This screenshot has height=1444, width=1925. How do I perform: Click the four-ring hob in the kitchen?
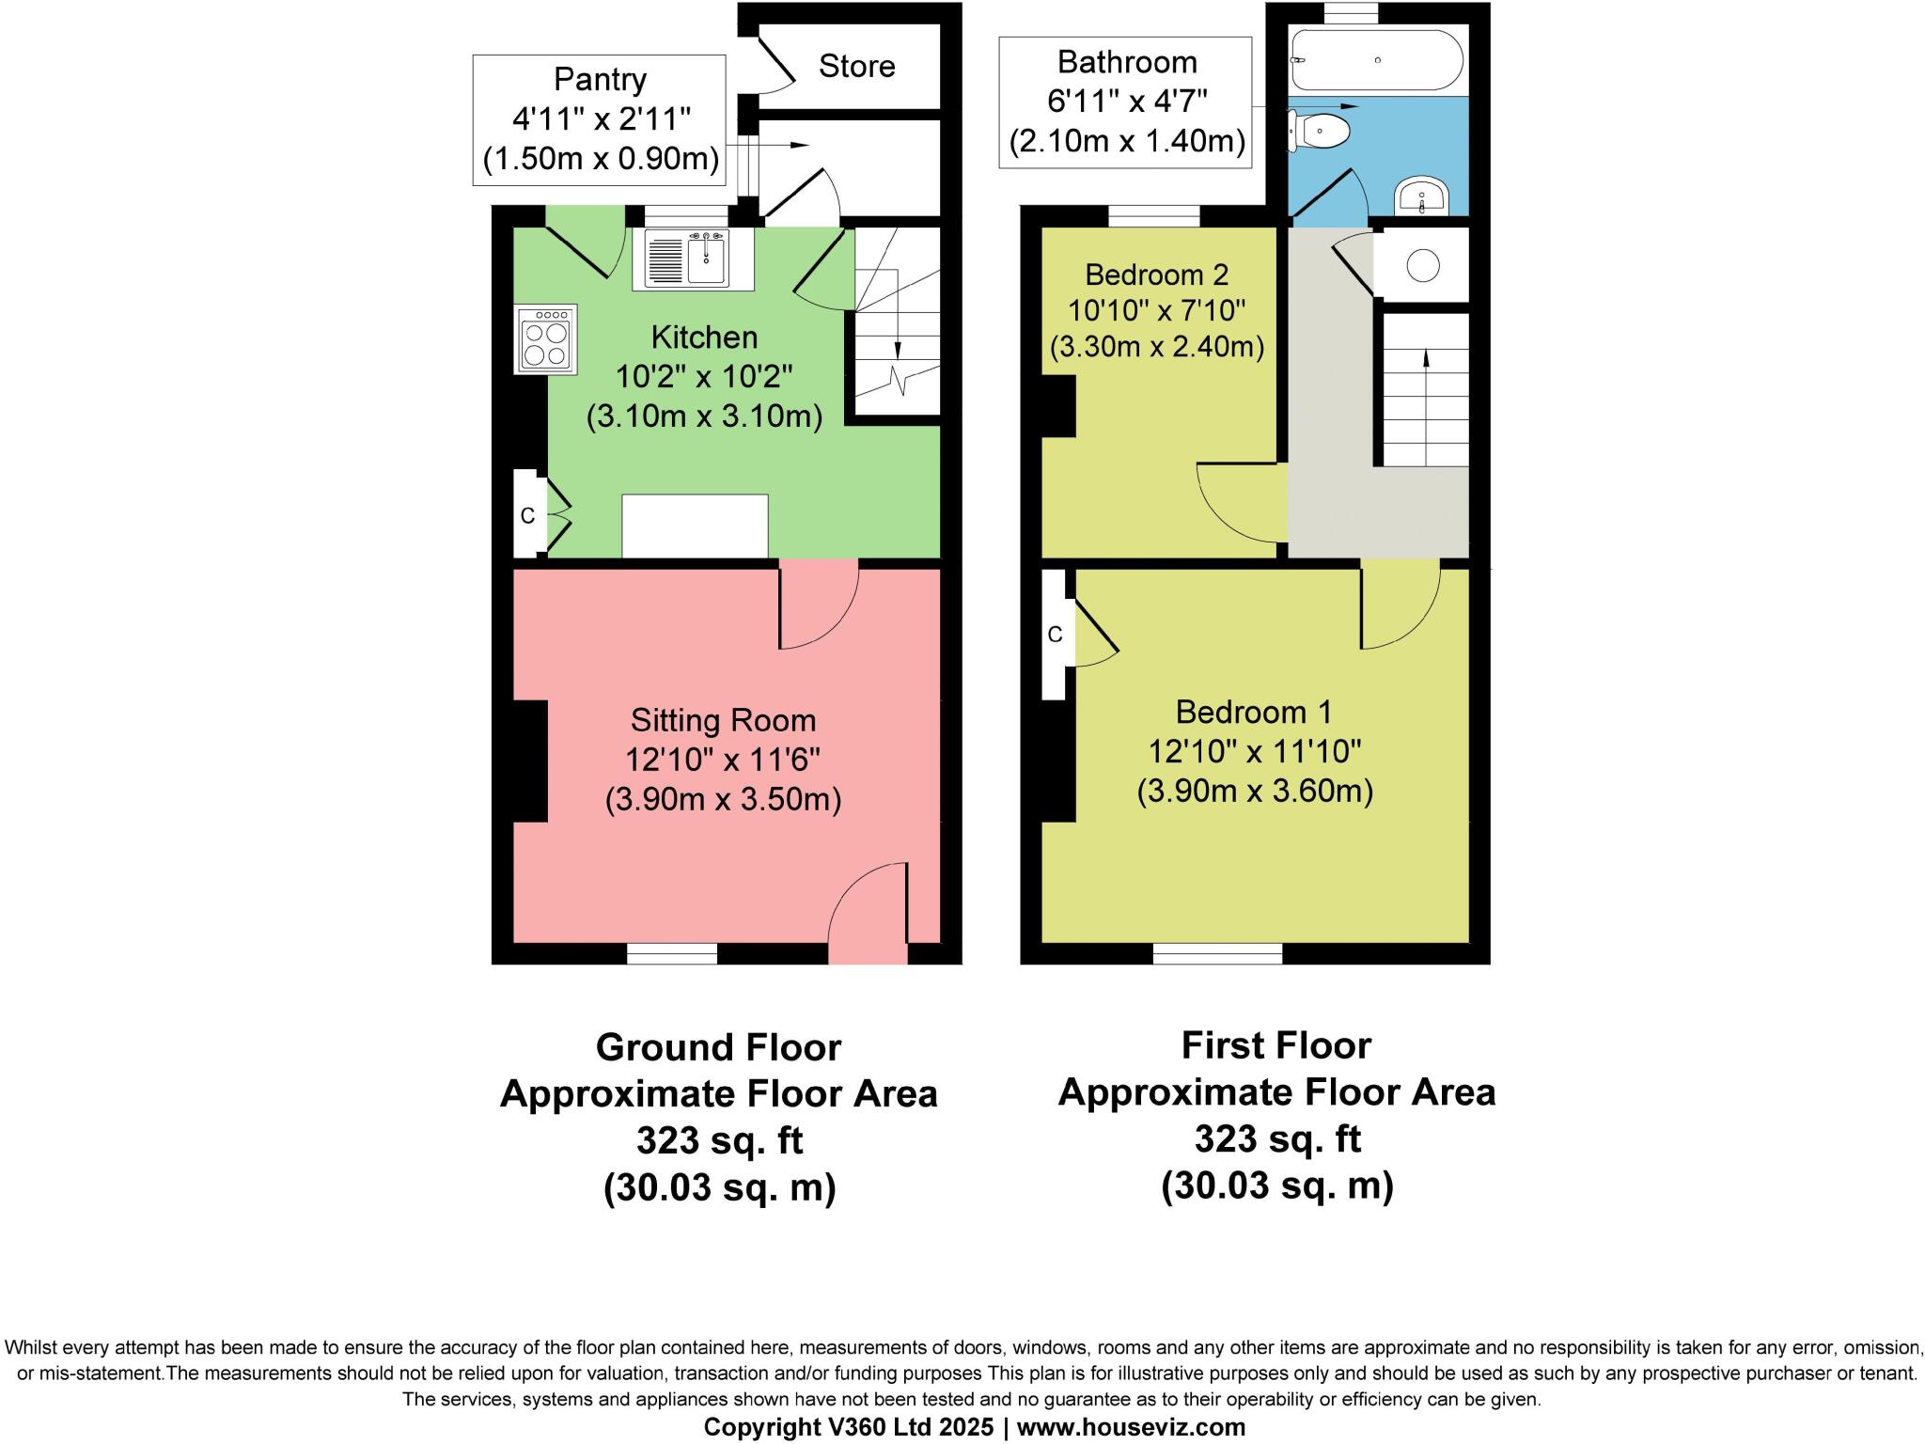click(545, 340)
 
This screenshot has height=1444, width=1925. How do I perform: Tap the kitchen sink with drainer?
click(698, 259)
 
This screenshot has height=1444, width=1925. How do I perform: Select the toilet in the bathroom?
click(1321, 130)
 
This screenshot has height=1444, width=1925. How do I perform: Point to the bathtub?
click(1377, 59)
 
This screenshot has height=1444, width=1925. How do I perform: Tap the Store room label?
click(856, 66)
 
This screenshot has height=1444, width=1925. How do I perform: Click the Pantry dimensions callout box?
click(599, 119)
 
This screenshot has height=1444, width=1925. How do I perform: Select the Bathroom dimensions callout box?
click(1125, 102)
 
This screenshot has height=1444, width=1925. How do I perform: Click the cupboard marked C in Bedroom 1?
click(1055, 635)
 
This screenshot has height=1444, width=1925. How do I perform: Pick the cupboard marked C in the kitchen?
click(528, 515)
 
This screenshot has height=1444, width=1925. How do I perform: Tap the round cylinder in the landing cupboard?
click(1423, 265)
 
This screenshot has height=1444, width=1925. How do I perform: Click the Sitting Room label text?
click(723, 721)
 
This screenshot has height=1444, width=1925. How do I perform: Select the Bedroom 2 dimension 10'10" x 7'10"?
click(1157, 310)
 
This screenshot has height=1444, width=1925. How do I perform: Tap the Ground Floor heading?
click(719, 1047)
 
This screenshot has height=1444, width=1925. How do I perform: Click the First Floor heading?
click(1276, 1045)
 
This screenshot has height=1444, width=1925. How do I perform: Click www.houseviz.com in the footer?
click(1131, 1427)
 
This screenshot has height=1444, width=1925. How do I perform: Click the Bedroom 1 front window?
click(1217, 953)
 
